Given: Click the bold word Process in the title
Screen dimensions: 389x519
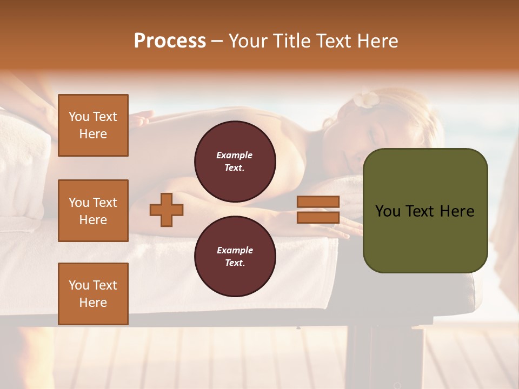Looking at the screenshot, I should pos(170,41).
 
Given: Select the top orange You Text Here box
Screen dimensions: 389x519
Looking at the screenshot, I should pos(93,125).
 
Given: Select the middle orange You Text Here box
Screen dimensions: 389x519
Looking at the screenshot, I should pos(93,211).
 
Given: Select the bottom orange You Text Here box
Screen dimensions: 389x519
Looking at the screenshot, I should pos(93,293).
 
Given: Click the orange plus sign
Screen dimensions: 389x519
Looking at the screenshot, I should pos(167,210).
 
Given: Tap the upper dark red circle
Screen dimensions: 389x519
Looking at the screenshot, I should pos(235,162).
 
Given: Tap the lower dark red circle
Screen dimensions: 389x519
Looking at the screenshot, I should pos(235,256).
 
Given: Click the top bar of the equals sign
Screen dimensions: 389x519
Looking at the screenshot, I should pos(318,202).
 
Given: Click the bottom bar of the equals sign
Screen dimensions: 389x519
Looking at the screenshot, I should pos(318,217).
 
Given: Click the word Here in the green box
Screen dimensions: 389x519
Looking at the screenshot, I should pos(457,211).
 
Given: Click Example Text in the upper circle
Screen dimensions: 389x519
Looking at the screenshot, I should pos(235,162).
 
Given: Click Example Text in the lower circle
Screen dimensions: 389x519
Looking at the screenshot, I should pos(235,256).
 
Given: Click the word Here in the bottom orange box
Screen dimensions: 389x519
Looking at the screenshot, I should pos(93,303).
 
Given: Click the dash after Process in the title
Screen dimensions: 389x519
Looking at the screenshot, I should pos(217,41).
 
